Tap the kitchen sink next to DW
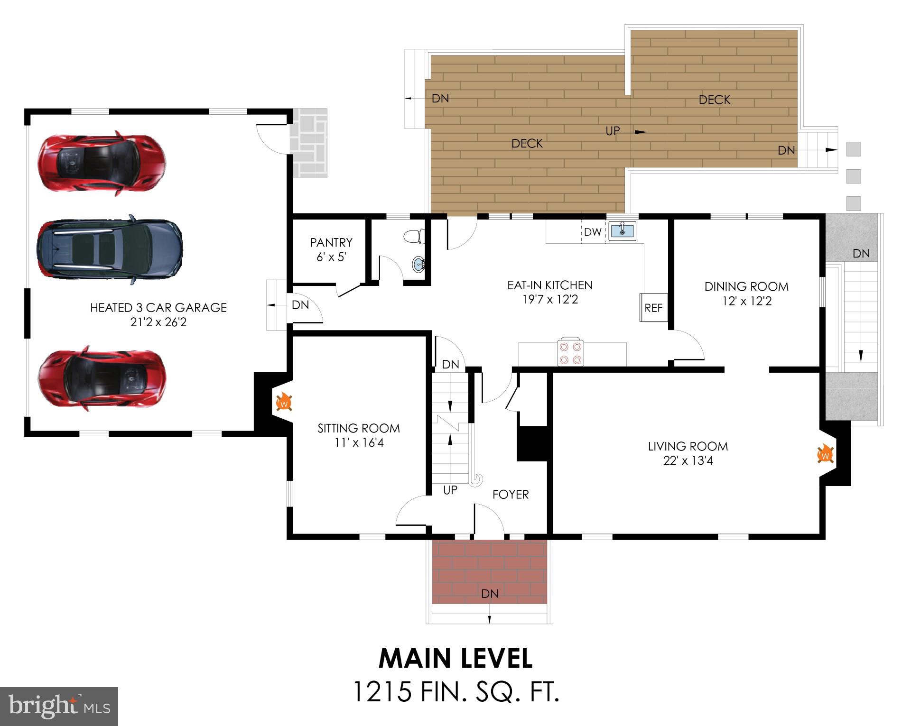click(x=622, y=231)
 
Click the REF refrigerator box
click(x=653, y=308)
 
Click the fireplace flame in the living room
click(x=826, y=454)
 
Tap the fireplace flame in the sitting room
click(x=284, y=402)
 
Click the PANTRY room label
click(x=331, y=242)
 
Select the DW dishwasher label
click(x=593, y=232)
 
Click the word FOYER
click(x=511, y=494)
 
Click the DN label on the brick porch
click(x=490, y=593)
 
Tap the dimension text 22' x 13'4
click(x=688, y=460)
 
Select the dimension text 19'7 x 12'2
click(x=549, y=299)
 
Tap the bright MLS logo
click(x=59, y=706)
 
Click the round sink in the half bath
click(x=418, y=264)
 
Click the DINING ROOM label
click(x=746, y=286)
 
